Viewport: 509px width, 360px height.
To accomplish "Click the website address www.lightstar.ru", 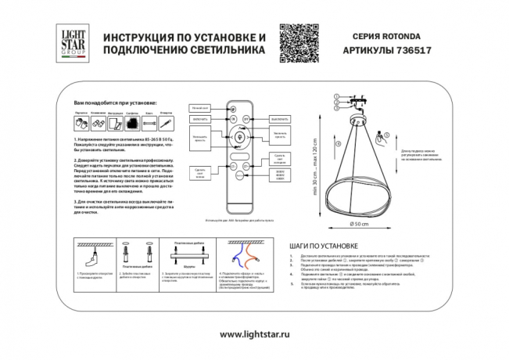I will coord(255,334).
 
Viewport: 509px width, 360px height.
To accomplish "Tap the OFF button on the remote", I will coord(246,119).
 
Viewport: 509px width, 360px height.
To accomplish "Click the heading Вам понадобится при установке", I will coord(114,103).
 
